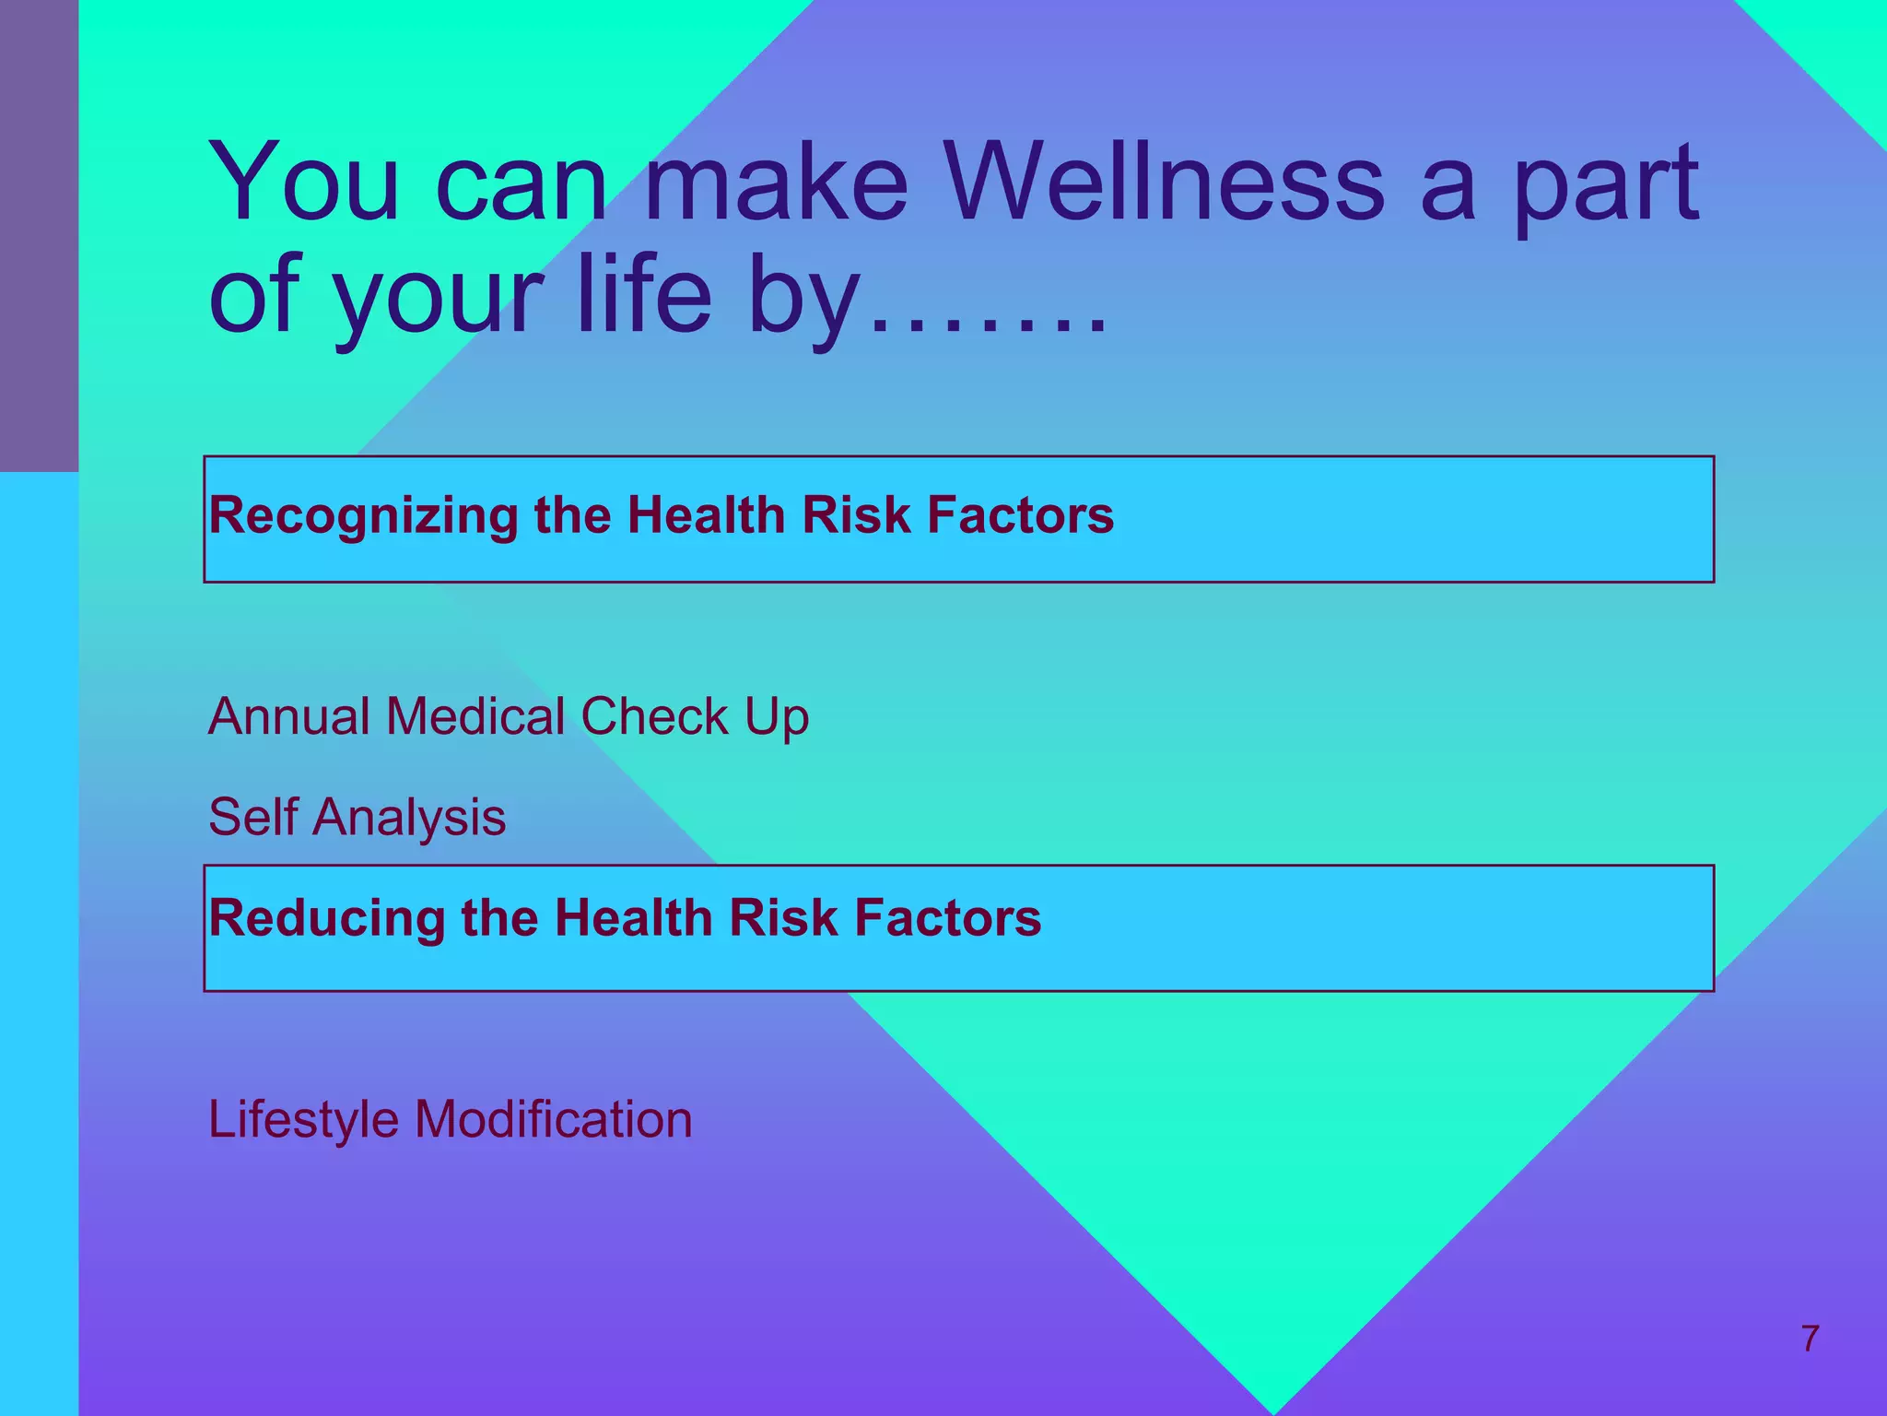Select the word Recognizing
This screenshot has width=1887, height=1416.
pyautogui.click(x=363, y=516)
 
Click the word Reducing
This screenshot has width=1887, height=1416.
pyautogui.click(x=326, y=919)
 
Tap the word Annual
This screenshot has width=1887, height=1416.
pyautogui.click(x=288, y=716)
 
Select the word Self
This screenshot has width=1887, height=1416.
pyautogui.click(x=252, y=817)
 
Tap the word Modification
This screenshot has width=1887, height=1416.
pyautogui.click(x=553, y=1119)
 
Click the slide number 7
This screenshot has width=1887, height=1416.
pyautogui.click(x=1810, y=1339)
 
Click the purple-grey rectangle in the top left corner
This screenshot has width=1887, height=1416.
pyautogui.click(x=39, y=235)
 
